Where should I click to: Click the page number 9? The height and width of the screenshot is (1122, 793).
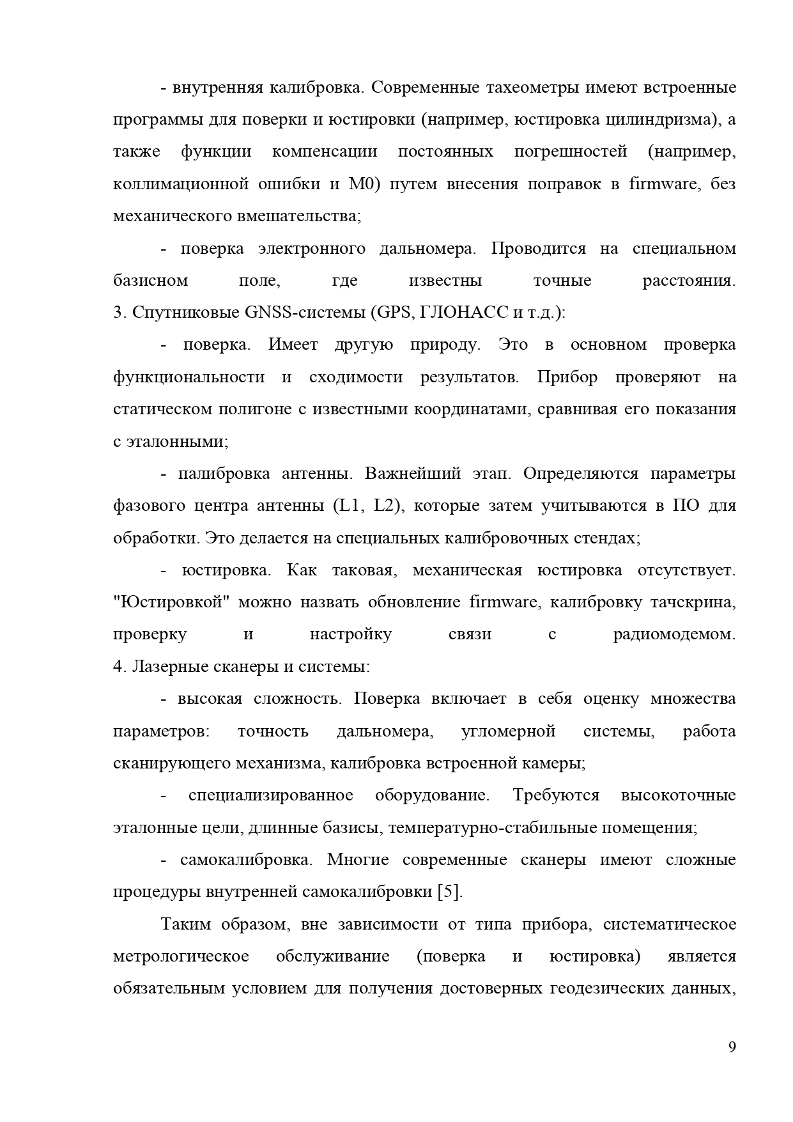732,1047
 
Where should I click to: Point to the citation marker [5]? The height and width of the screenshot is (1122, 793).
449,892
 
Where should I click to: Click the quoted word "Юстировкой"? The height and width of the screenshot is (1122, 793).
171,602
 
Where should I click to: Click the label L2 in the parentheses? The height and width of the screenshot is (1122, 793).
386,506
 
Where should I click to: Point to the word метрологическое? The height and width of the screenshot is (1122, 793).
181,956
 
